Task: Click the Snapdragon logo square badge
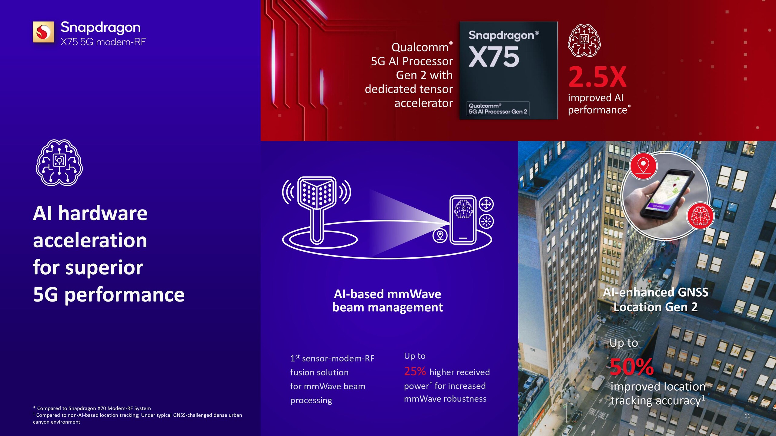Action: (x=43, y=32)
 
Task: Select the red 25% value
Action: (x=415, y=371)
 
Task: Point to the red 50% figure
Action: (x=632, y=367)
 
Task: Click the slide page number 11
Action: (x=747, y=416)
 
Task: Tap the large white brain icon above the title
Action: (x=59, y=163)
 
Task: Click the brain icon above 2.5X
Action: (x=584, y=41)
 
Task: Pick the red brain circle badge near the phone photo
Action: (x=700, y=216)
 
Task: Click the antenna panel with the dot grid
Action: (x=317, y=193)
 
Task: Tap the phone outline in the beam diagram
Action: (x=463, y=220)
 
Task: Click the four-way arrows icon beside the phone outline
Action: (x=486, y=204)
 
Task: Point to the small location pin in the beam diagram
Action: (x=440, y=235)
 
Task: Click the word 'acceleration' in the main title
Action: (x=90, y=240)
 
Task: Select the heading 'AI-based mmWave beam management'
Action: (x=387, y=301)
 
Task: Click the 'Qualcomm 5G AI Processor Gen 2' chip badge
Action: (x=498, y=109)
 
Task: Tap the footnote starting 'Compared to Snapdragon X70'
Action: (x=92, y=408)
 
